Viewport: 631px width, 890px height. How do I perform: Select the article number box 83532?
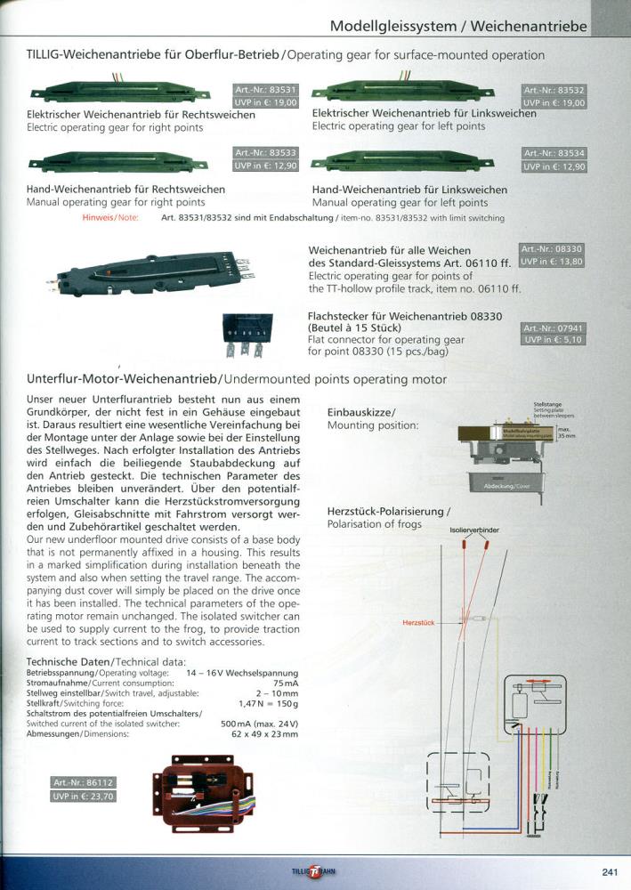[x=554, y=91]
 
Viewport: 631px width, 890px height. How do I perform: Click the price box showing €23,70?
[x=84, y=797]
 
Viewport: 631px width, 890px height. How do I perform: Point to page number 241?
[x=610, y=871]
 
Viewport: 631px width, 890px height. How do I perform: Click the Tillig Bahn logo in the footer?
[x=315, y=871]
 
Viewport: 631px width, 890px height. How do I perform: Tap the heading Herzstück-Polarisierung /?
[x=389, y=512]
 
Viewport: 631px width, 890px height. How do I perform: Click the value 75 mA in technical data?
[x=285, y=682]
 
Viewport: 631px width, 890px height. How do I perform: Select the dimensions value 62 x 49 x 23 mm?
[x=264, y=734]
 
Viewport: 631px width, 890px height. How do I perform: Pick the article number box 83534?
[x=554, y=153]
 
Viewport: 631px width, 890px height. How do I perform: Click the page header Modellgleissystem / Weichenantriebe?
[x=457, y=27]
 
